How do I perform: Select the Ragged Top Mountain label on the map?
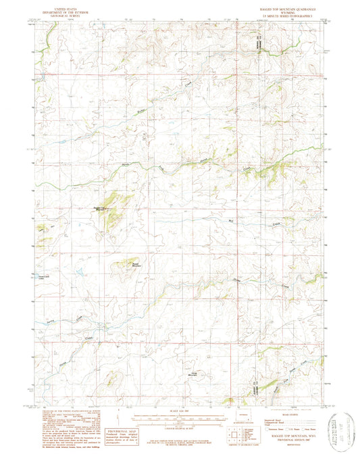coord(99,208)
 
